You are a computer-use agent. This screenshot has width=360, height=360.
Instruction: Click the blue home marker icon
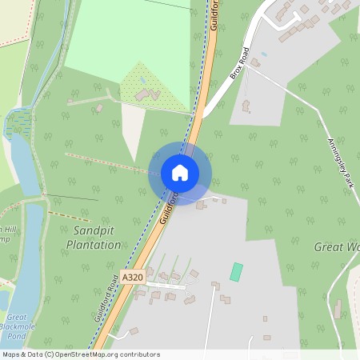[x=179, y=172]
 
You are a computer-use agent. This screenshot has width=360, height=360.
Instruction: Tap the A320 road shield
[x=133, y=277]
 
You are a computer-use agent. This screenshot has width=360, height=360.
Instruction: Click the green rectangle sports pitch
[x=236, y=271]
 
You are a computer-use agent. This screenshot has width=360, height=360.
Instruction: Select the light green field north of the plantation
[x=128, y=36]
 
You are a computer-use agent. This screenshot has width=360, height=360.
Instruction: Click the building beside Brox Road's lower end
[x=246, y=105]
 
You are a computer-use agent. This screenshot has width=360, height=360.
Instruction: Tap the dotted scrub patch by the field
[x=152, y=84]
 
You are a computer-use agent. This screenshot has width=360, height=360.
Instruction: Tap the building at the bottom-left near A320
[x=134, y=331]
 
